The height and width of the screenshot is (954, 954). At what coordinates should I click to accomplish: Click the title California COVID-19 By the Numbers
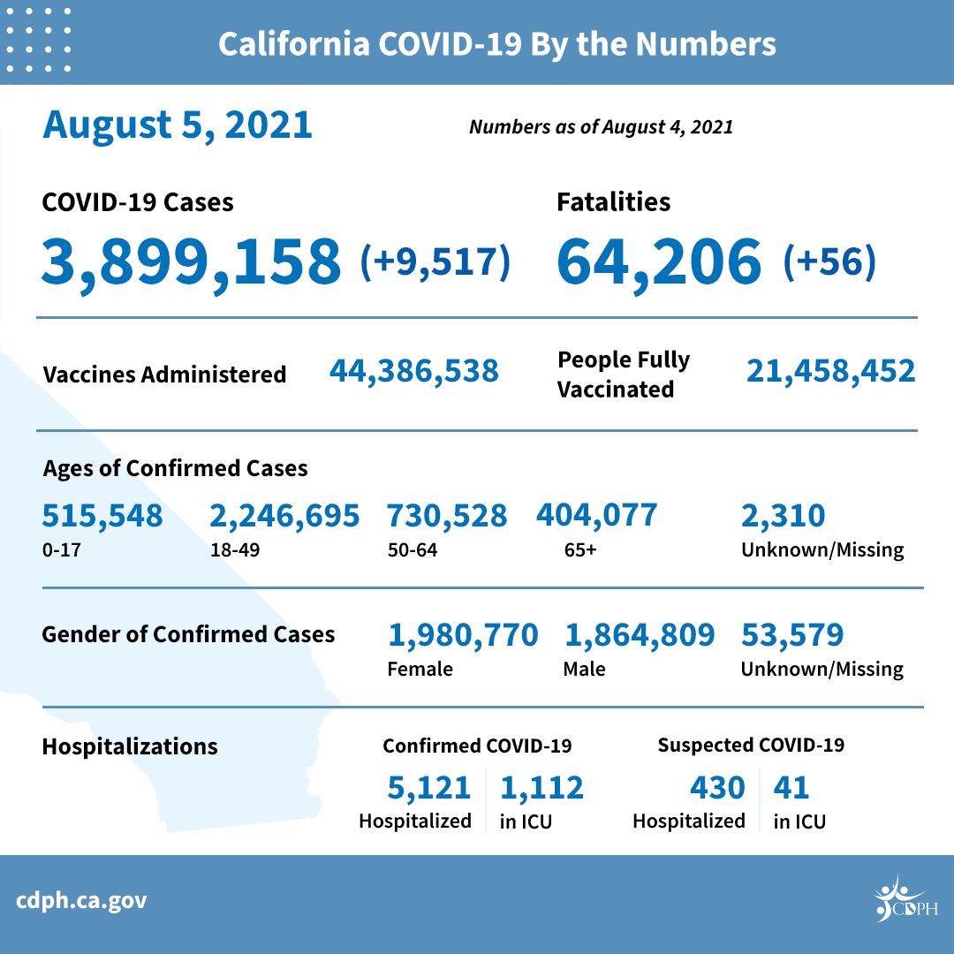point(497,44)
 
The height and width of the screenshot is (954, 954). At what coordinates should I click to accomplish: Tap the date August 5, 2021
point(178,125)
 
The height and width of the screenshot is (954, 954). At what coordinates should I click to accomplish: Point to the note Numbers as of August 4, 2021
point(601,127)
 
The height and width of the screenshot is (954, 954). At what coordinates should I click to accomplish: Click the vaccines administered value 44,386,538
point(414,371)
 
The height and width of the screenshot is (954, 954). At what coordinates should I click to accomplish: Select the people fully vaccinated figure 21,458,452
point(830,371)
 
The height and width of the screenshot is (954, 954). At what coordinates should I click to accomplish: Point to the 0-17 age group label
point(57,550)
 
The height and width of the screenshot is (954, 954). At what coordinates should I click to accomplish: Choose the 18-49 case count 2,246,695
point(284,516)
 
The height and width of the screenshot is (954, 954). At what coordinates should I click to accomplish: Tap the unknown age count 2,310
point(783,516)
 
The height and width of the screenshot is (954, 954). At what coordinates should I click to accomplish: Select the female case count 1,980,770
point(463,635)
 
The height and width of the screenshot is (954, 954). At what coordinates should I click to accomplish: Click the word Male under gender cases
point(584,669)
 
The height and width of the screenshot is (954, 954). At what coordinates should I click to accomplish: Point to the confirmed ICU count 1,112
point(541,787)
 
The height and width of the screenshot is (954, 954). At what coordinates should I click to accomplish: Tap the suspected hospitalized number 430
point(716,787)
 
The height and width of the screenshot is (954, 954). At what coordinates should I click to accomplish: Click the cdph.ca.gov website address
point(81,901)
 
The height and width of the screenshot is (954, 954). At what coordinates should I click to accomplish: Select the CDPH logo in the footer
point(905,901)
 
